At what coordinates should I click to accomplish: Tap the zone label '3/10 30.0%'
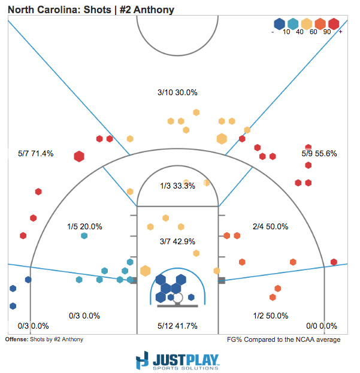(x=177, y=93)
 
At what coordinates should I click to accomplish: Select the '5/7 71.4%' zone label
(x=36, y=153)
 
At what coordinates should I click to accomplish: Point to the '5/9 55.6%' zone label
(x=319, y=153)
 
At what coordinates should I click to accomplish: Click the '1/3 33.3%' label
(x=178, y=186)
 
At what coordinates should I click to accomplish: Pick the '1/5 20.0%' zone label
(x=84, y=227)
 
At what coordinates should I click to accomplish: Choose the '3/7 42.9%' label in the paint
(x=178, y=241)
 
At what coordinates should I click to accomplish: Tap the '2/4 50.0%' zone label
(x=270, y=227)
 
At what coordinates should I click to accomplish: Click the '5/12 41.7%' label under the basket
(x=177, y=326)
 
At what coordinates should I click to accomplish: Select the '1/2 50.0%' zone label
(x=270, y=316)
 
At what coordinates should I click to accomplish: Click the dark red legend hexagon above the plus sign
(x=334, y=23)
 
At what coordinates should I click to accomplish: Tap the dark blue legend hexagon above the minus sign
(x=279, y=23)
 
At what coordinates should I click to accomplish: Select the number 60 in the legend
(x=313, y=32)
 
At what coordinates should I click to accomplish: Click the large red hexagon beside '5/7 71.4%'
(x=78, y=157)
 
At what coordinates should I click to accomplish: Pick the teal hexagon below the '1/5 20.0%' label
(x=84, y=236)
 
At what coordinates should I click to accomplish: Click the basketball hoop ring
(x=177, y=297)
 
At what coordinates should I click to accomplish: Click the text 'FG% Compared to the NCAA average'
(x=284, y=339)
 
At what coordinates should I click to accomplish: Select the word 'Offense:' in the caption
(x=16, y=339)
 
